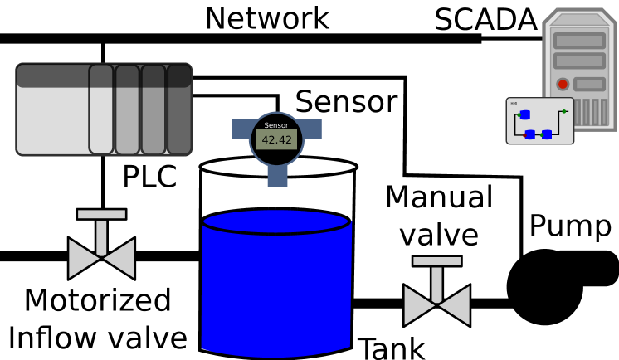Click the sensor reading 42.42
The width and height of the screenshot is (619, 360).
[276, 140]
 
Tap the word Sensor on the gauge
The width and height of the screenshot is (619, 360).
[276, 125]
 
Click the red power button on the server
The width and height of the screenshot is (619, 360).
[563, 84]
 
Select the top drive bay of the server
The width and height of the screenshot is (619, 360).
[579, 41]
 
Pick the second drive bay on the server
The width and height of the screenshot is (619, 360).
[579, 61]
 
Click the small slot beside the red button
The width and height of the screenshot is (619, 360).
[589, 84]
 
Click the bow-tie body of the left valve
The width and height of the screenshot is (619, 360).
[101, 259]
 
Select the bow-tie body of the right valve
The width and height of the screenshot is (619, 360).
[436, 305]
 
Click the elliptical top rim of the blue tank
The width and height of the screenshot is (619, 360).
[275, 221]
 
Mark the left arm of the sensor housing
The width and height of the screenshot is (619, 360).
[241, 129]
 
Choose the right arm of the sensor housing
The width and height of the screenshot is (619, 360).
[312, 129]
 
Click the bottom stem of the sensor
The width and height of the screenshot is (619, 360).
[277, 177]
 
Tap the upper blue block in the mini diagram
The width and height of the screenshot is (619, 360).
[524, 114]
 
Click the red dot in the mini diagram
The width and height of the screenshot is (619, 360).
[524, 134]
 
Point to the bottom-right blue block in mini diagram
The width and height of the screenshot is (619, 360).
[547, 134]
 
